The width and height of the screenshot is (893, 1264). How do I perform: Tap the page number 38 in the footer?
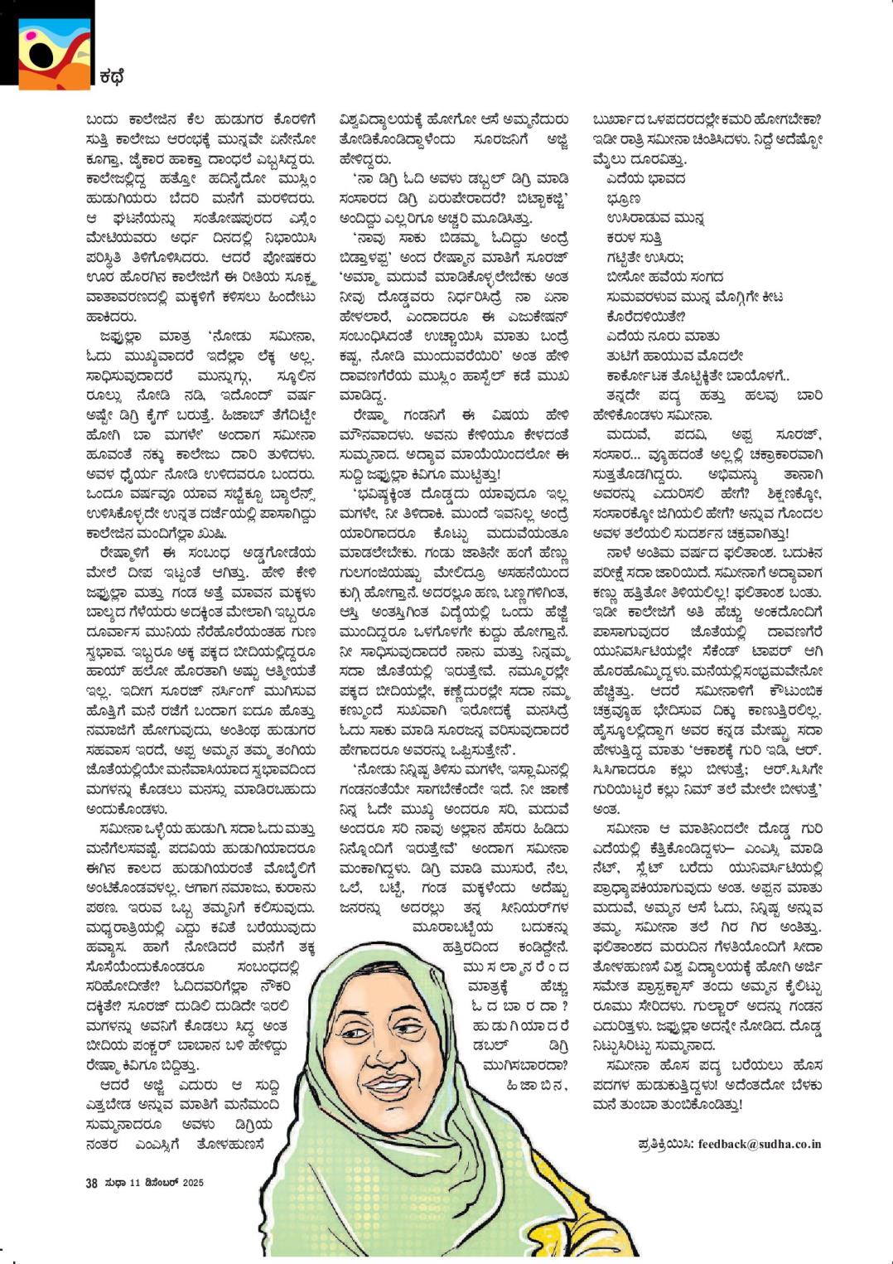pyautogui.click(x=91, y=1183)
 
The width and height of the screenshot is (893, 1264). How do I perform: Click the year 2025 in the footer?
pyautogui.click(x=193, y=1183)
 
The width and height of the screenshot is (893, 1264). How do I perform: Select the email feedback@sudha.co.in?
pyautogui.click(x=760, y=1144)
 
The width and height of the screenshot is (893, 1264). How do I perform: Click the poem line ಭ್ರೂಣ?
pyautogui.click(x=623, y=199)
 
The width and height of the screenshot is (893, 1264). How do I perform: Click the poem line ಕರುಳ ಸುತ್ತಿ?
pyautogui.click(x=634, y=239)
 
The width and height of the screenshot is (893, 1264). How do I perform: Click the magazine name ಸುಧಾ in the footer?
pyautogui.click(x=114, y=1183)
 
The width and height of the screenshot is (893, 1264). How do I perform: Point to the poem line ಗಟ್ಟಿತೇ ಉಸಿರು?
pyautogui.click(x=644, y=258)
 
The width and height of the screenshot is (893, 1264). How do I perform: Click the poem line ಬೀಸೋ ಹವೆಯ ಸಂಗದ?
pyautogui.click(x=664, y=278)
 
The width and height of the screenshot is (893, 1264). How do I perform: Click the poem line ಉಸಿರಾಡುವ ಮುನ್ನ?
pyautogui.click(x=655, y=219)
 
